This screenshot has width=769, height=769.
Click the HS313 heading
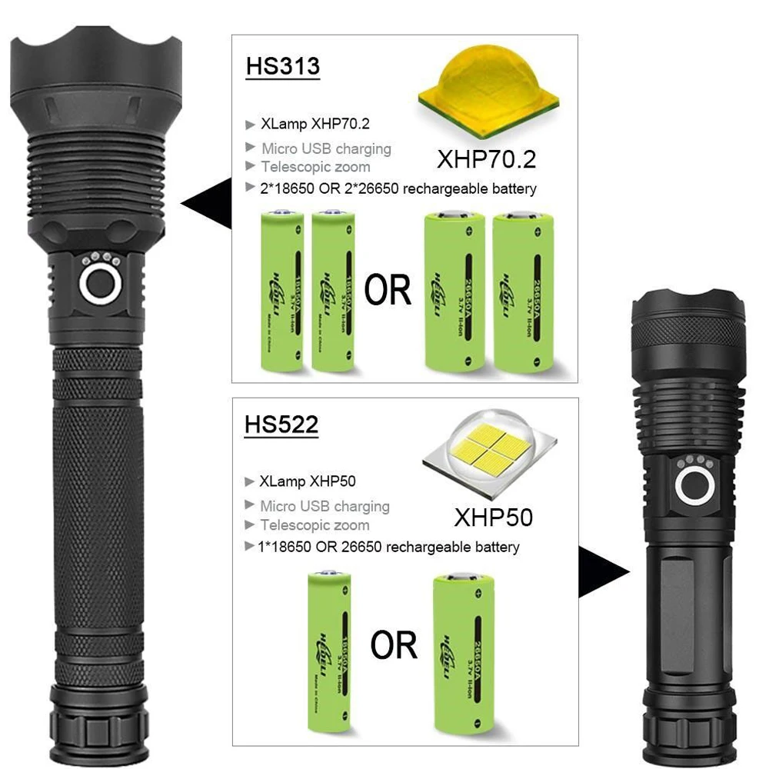click(x=282, y=66)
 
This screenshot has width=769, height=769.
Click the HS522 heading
click(x=281, y=425)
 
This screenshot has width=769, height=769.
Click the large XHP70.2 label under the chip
click(x=486, y=159)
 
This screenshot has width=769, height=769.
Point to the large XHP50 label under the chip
click(x=493, y=517)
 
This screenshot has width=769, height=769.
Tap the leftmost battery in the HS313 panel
click(x=281, y=292)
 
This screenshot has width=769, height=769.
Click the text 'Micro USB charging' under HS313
click(x=326, y=148)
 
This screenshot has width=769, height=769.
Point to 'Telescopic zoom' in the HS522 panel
click(x=315, y=525)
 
